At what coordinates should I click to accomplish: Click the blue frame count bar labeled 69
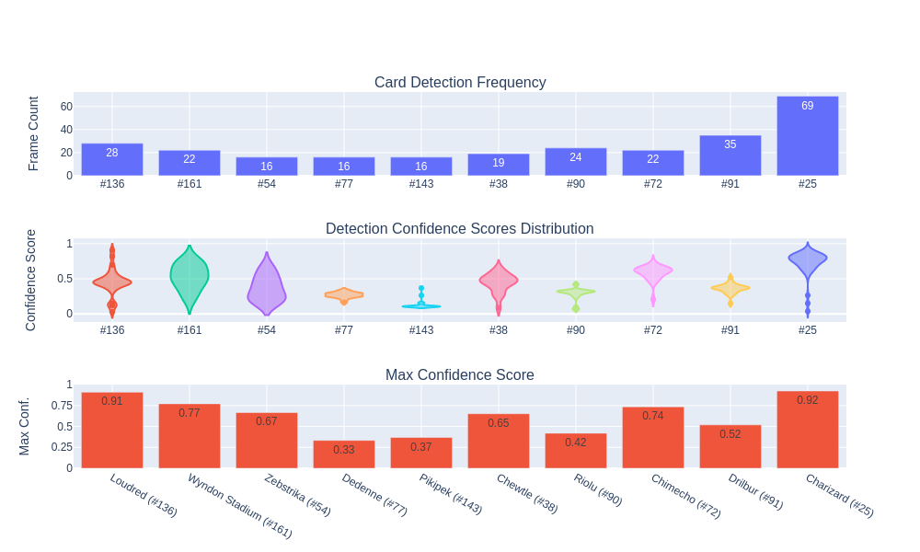click(807, 136)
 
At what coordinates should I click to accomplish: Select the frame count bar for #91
click(730, 155)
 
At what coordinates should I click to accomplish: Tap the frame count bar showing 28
click(112, 159)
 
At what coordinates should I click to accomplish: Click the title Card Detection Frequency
click(460, 83)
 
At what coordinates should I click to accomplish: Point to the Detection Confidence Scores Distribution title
click(460, 229)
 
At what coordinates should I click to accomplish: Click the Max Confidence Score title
click(460, 375)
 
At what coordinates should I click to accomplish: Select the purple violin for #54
click(267, 285)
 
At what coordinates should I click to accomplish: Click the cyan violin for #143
click(421, 305)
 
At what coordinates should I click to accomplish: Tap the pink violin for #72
click(653, 270)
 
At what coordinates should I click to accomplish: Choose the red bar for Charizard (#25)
click(807, 430)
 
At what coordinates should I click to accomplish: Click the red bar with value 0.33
click(344, 454)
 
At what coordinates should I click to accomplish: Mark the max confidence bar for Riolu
click(575, 451)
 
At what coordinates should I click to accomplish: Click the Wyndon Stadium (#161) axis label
click(240, 506)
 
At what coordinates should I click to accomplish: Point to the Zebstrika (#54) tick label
click(297, 495)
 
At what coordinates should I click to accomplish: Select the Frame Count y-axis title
click(34, 133)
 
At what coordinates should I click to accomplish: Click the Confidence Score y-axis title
click(31, 280)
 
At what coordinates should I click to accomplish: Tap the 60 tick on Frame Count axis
click(66, 107)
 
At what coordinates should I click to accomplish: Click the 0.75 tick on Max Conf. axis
click(63, 406)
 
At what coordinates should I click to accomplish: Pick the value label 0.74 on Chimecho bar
click(652, 416)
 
